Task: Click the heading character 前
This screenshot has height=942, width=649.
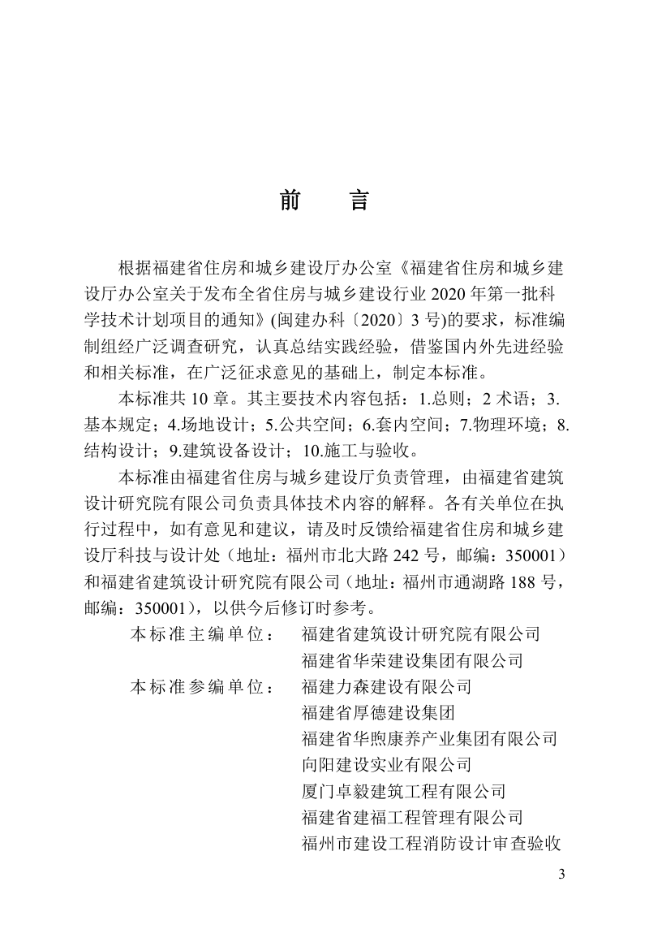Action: (x=290, y=201)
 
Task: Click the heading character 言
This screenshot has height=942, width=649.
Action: (x=359, y=201)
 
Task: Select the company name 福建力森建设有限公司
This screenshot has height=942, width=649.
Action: (x=385, y=686)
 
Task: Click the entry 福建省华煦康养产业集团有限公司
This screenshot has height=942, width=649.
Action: (x=428, y=738)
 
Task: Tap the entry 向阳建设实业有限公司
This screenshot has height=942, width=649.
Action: (x=385, y=764)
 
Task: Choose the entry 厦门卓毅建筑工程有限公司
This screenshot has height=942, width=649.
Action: (x=402, y=790)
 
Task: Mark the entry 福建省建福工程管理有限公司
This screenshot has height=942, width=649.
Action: (x=411, y=816)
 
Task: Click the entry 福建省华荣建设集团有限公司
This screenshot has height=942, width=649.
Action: (x=411, y=660)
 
